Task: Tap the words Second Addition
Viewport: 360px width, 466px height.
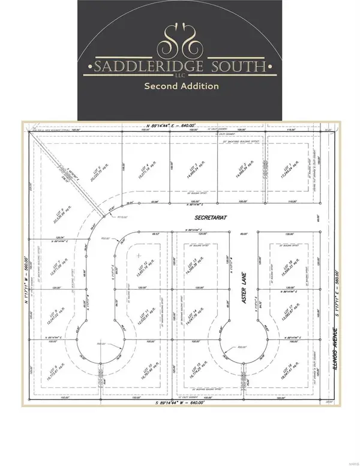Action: click(x=180, y=86)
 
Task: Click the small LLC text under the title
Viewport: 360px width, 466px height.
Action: click(x=180, y=74)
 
